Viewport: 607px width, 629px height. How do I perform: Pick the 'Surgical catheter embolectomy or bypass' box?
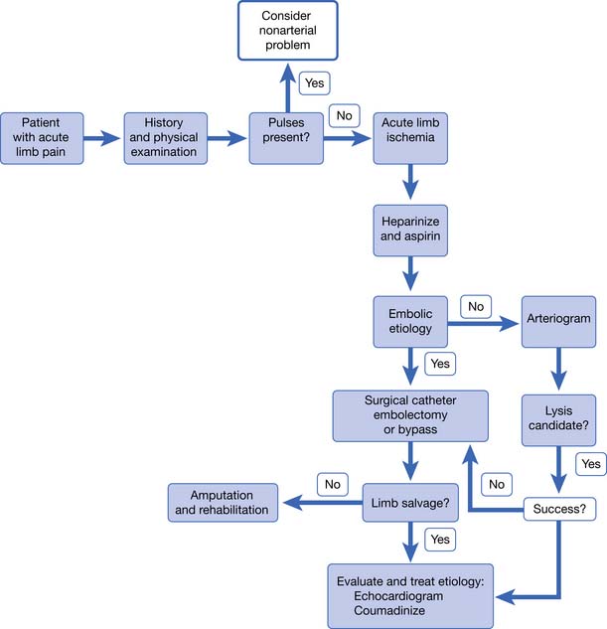409,415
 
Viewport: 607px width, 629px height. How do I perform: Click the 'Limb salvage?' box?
409,503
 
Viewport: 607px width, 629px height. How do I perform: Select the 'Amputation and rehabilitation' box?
223,503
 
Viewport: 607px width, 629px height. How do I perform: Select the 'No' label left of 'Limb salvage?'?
331,484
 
